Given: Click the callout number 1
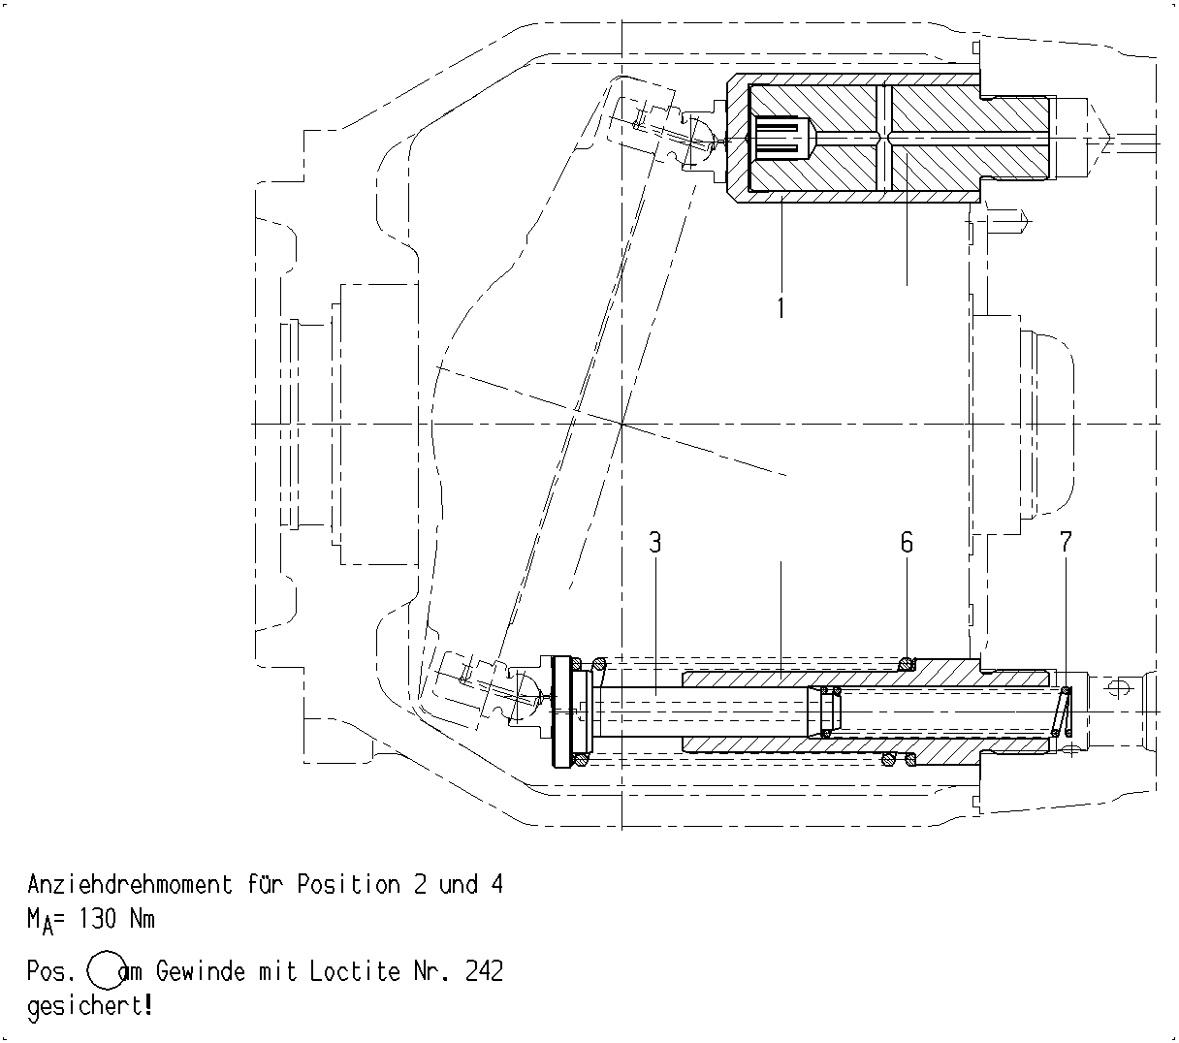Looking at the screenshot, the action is click(781, 307).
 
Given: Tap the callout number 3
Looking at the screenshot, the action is click(655, 542).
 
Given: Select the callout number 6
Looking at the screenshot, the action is click(907, 542).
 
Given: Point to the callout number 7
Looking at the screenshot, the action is click(1066, 542).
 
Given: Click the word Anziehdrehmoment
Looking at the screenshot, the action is click(130, 884).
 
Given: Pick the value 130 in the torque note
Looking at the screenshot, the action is click(97, 919).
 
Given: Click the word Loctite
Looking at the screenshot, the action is click(355, 971).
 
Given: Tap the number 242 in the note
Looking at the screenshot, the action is click(484, 971).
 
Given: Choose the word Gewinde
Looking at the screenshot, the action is click(200, 971).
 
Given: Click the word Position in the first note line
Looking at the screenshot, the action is click(349, 884).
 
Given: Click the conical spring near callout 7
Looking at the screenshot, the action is click(1062, 711).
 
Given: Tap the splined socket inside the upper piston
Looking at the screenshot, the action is click(781, 138).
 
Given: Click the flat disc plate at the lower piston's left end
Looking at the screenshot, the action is click(561, 712).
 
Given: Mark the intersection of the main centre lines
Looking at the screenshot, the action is click(621, 424).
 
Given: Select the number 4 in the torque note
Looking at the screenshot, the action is click(496, 884).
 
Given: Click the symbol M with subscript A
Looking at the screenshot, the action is click(40, 922).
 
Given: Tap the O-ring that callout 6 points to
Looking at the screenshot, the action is click(906, 663).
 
